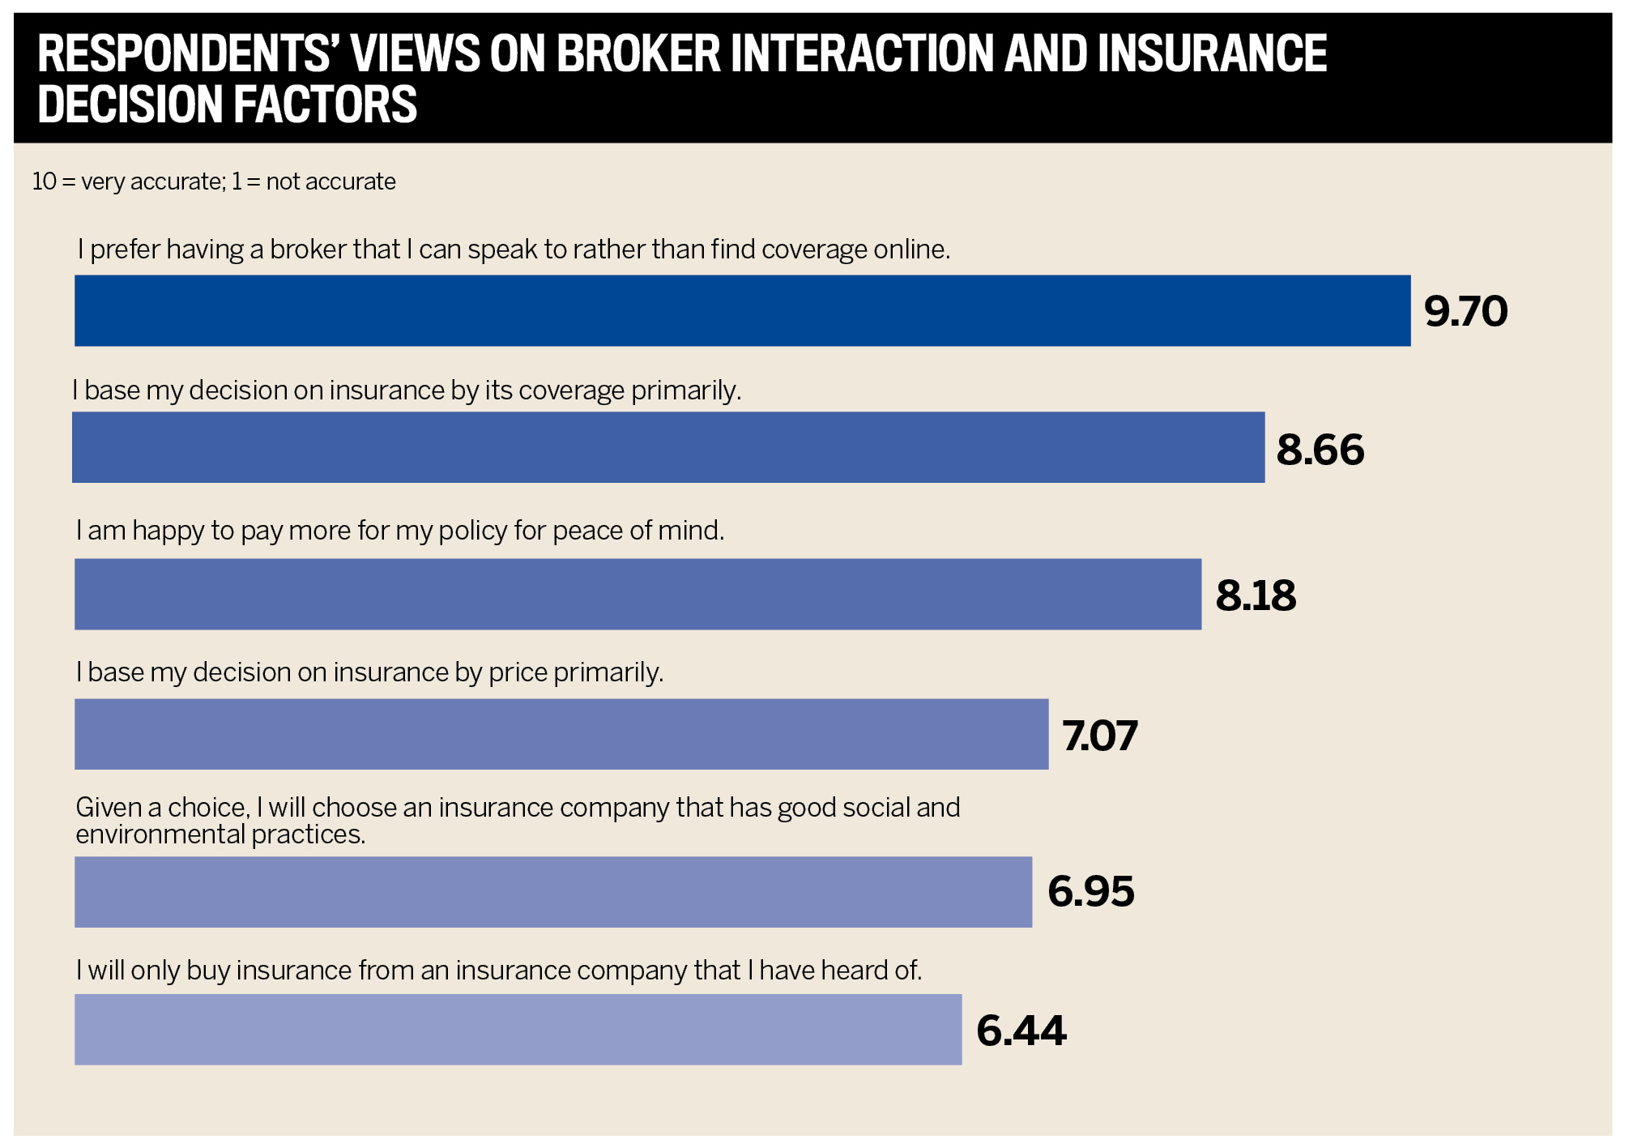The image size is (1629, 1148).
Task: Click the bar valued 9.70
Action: point(742,310)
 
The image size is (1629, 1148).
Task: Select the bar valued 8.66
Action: point(667,447)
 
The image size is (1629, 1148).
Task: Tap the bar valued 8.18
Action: point(638,594)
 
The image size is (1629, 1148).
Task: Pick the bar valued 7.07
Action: point(561,734)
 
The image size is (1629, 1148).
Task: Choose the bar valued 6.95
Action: point(552,892)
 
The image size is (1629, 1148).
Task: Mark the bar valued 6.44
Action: point(518,1030)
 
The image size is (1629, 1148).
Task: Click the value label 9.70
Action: point(1465,311)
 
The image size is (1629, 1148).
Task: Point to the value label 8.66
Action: point(1320,450)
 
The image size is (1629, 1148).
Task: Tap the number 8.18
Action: point(1256,595)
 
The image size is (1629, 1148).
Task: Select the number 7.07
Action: point(1099,736)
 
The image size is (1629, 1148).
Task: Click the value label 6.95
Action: point(1090,892)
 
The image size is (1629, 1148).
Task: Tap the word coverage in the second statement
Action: point(571,390)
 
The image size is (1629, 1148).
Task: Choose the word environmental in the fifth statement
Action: point(160,834)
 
